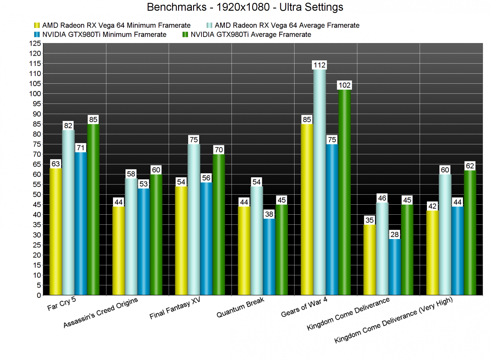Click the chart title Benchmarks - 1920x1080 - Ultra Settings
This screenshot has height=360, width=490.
click(245, 7)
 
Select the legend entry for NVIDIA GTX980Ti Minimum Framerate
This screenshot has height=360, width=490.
click(104, 35)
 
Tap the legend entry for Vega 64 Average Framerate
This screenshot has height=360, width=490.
click(287, 25)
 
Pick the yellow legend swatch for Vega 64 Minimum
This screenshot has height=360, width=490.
click(37, 25)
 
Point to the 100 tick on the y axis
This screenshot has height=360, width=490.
click(35, 94)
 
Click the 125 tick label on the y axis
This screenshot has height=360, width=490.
click(35, 43)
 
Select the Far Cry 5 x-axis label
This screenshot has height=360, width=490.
click(62, 304)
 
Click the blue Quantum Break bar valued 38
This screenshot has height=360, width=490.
click(269, 257)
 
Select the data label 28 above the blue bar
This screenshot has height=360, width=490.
click(395, 235)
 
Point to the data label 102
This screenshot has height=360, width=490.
click(345, 85)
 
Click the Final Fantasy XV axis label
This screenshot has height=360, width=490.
click(175, 308)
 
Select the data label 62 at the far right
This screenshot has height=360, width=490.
click(470, 166)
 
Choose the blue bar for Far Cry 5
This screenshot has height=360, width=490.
click(81, 223)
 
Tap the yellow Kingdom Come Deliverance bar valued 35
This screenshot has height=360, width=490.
click(370, 260)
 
